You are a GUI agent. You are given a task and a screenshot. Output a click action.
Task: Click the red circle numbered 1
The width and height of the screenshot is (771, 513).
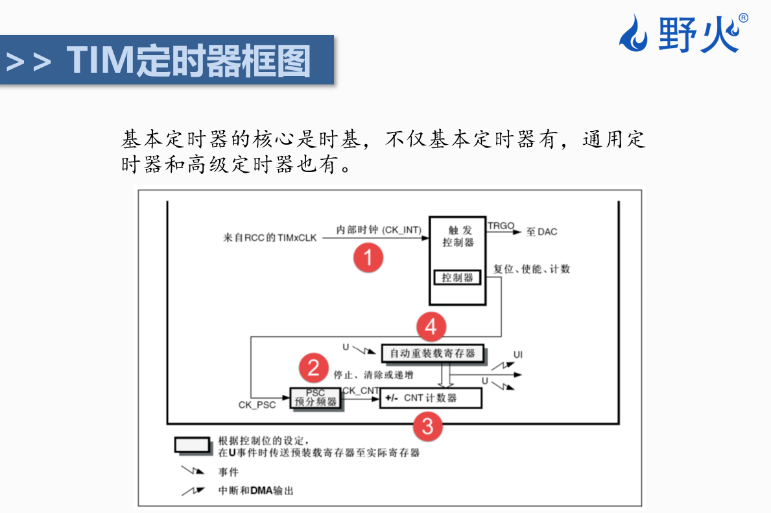[x=368, y=258]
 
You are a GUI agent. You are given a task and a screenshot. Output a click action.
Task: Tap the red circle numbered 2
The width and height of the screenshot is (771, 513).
[x=314, y=368]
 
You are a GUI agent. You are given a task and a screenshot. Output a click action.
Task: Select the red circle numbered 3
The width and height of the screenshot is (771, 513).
[x=427, y=427]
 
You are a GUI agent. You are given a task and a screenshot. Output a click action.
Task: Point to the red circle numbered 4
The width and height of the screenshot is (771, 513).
[x=431, y=327]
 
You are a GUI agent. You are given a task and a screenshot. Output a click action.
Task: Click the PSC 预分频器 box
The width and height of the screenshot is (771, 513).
[x=316, y=397]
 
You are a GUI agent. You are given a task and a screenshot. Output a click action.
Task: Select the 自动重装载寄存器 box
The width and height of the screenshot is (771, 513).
[x=433, y=353]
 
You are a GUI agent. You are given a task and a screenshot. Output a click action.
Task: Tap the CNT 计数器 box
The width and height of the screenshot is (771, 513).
[x=431, y=398]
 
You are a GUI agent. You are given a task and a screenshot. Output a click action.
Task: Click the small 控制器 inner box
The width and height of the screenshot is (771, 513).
[x=458, y=278]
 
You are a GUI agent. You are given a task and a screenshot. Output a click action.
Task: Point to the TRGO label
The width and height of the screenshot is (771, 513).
[x=501, y=226]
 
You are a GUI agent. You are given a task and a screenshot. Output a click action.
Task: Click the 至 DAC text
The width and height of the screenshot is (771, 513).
[x=541, y=232]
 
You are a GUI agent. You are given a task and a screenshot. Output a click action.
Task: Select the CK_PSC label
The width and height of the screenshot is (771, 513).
[x=257, y=405]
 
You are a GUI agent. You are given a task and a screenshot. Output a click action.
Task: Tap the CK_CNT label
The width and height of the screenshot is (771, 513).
[x=361, y=390]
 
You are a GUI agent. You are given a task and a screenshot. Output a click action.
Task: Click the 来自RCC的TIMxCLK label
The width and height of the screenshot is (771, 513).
[x=270, y=238]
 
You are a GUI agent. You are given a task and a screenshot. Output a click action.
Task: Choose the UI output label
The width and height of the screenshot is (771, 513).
[x=518, y=355]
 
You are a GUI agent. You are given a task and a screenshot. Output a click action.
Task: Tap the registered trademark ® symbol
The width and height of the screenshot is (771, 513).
[x=743, y=18]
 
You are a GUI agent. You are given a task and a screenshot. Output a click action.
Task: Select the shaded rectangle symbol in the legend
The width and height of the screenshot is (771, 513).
[x=192, y=445]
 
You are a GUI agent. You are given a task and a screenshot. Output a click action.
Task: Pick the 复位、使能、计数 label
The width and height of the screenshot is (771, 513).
[x=532, y=269]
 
